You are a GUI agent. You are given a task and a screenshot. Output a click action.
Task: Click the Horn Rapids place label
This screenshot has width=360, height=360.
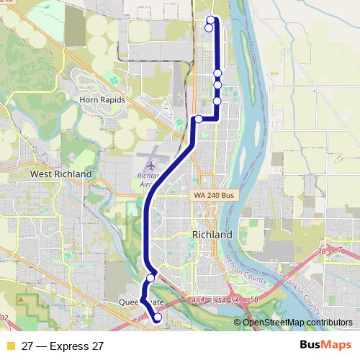pos(103,100)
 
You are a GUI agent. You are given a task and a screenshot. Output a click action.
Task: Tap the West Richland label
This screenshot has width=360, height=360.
pos(60,174)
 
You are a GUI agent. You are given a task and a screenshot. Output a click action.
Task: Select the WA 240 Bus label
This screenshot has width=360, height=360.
pos(214,195)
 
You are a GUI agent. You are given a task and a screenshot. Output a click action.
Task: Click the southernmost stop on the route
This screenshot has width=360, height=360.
pos(158,317)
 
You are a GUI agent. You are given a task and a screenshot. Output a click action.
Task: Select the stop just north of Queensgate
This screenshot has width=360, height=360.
pos(151,278)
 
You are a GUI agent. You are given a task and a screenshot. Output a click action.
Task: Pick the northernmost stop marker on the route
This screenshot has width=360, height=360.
pos(211,19)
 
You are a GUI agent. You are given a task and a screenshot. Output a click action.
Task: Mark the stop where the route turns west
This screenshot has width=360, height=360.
pos(198,119)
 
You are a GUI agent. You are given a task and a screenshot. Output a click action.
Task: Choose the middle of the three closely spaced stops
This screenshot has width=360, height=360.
pos(217,85)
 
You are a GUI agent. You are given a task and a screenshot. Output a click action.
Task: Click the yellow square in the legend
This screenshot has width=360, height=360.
pos(10,346)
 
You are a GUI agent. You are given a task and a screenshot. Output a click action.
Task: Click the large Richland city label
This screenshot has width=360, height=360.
pos(212,235)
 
